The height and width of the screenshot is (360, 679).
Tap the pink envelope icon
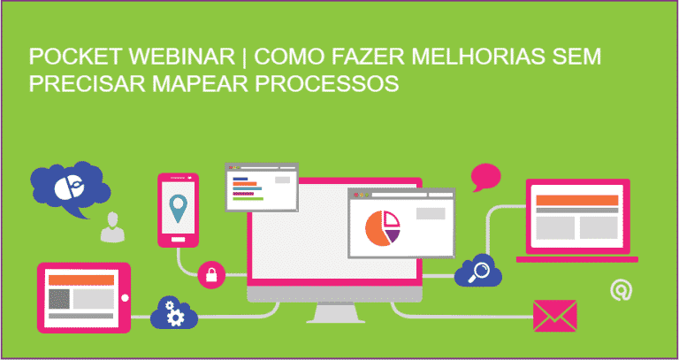pyautogui.click(x=554, y=314)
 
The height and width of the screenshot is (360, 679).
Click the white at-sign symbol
pyautogui.click(x=622, y=289)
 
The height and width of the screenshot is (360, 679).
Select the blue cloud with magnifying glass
pyautogui.click(x=478, y=272)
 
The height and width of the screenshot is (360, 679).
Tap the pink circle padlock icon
pyautogui.click(x=211, y=274)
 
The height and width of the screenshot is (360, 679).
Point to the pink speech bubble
pyautogui.click(x=485, y=176)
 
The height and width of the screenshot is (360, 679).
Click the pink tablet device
pyautogui.click(x=82, y=296)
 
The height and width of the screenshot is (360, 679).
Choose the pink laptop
pyautogui.click(x=578, y=221)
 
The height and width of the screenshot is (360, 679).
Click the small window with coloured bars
pyautogui.click(x=261, y=187)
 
